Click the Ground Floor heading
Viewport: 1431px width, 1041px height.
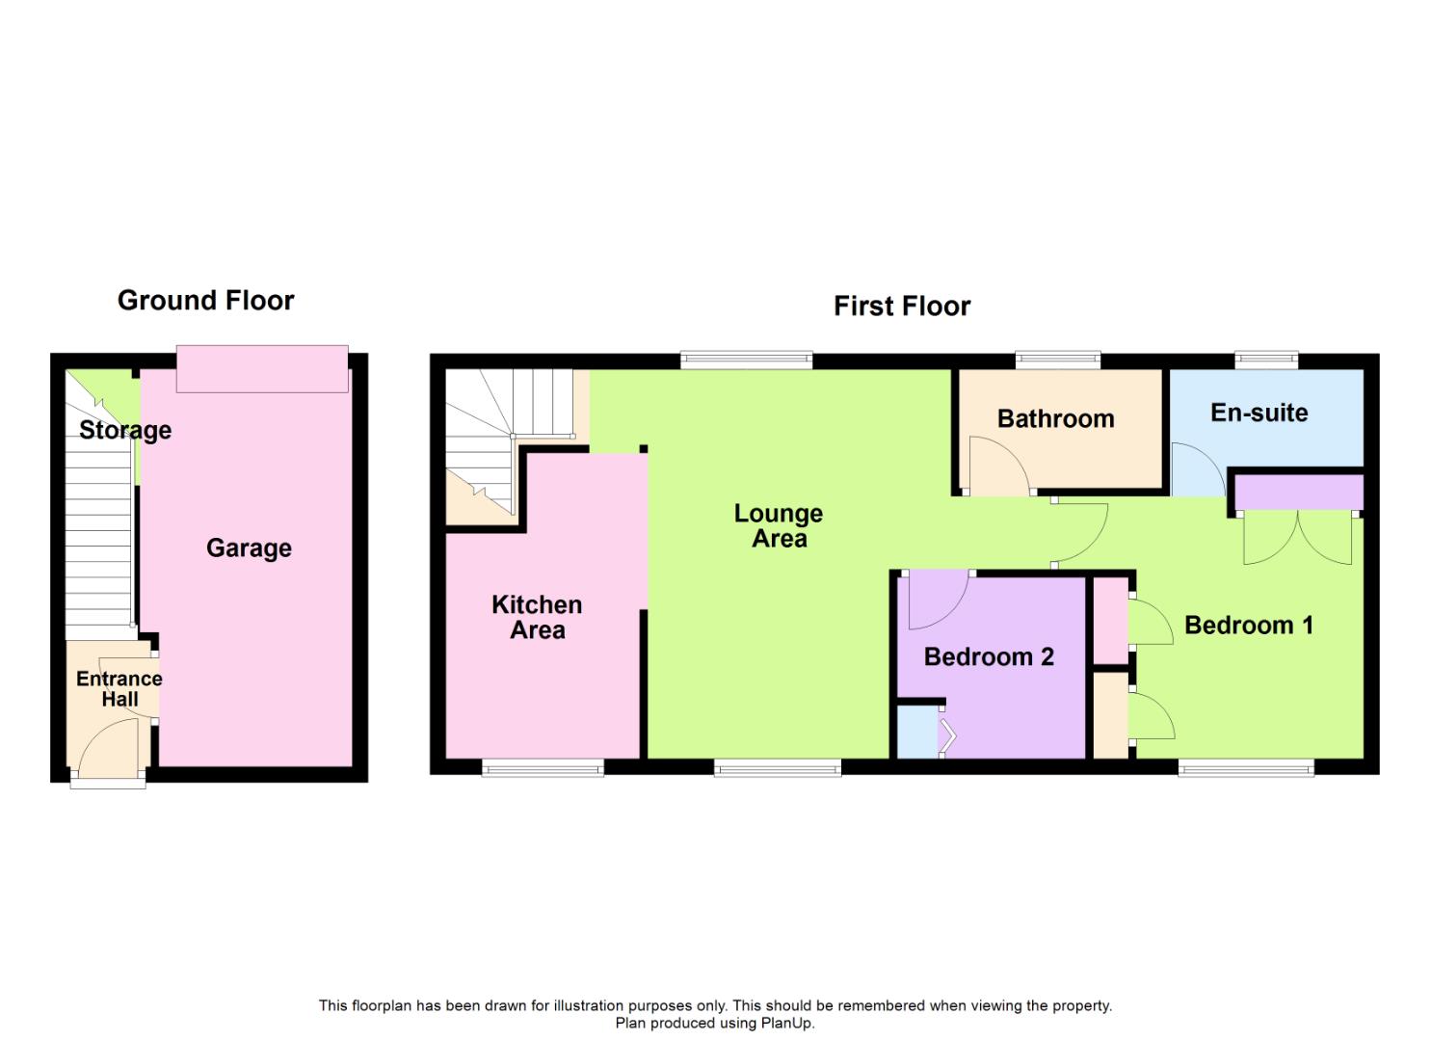[x=205, y=301]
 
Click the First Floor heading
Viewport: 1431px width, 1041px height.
[x=901, y=307]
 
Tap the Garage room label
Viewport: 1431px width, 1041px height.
[x=249, y=548]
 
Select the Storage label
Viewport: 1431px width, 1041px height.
[x=125, y=430]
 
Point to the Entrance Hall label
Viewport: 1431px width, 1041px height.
[x=119, y=688]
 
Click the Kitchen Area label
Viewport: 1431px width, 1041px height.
[x=537, y=617]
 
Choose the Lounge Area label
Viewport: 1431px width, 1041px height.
[x=779, y=525]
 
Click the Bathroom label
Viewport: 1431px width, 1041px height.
[x=1055, y=418]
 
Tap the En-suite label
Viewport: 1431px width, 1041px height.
[x=1259, y=413]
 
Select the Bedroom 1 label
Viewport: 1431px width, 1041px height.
[x=1248, y=625]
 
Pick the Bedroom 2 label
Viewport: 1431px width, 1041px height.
[x=989, y=656]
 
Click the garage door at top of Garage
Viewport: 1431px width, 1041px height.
[x=262, y=369]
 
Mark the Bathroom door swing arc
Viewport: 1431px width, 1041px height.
[x=998, y=467]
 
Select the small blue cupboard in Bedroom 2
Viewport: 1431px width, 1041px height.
[x=916, y=733]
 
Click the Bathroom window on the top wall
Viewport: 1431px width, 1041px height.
[x=1057, y=360]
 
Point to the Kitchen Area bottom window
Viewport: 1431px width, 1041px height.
[x=543, y=768]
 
